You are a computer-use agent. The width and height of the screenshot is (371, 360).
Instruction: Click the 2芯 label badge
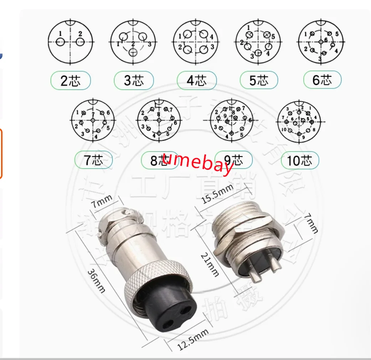point(71,81)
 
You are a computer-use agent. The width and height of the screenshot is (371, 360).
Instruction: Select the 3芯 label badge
point(134,81)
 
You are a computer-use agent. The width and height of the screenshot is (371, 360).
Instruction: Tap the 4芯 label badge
point(197,81)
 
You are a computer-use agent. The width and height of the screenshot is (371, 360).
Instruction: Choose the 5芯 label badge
point(259,81)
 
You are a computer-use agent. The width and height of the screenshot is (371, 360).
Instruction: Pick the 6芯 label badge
point(322,80)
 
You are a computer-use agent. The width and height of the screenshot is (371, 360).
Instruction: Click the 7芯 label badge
point(93,160)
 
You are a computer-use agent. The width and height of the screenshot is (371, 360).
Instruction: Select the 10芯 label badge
point(300,160)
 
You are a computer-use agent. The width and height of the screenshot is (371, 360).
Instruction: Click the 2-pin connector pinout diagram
point(71,42)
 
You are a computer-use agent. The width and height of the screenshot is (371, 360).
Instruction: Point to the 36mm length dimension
point(96,280)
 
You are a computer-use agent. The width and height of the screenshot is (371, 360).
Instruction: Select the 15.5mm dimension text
point(218,194)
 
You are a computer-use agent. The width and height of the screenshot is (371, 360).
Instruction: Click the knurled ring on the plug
point(157,282)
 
